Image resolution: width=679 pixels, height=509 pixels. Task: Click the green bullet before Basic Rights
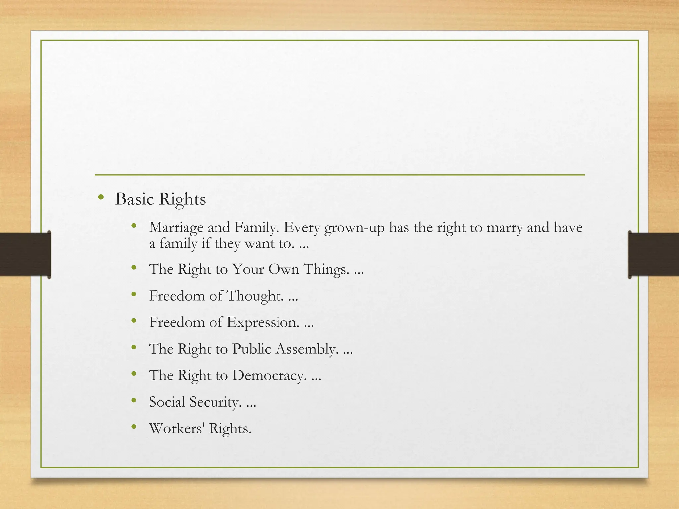pyautogui.click(x=101, y=198)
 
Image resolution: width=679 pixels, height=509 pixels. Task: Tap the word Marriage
pyautogui.click(x=176, y=228)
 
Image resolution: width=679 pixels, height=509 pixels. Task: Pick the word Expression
pyautogui.click(x=263, y=322)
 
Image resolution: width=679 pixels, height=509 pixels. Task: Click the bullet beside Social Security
pyautogui.click(x=134, y=401)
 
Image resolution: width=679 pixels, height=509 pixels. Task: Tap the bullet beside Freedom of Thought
pyautogui.click(x=134, y=294)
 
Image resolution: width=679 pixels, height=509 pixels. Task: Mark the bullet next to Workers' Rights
pyautogui.click(x=134, y=427)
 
